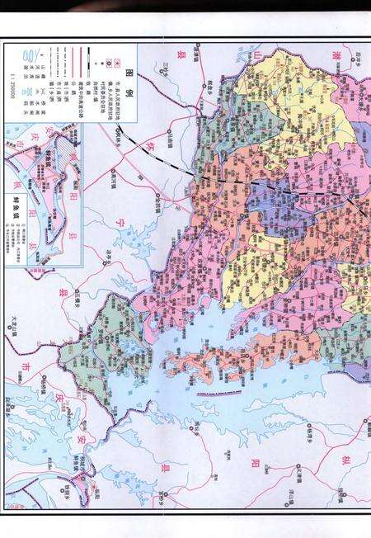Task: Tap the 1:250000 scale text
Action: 11,79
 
